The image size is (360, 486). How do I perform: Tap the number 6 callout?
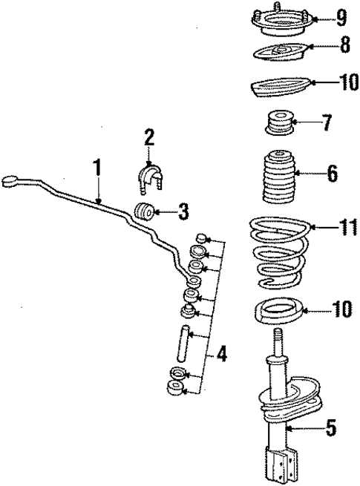332,175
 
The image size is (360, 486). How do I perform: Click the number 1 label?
96,169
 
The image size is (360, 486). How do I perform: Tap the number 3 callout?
184,214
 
